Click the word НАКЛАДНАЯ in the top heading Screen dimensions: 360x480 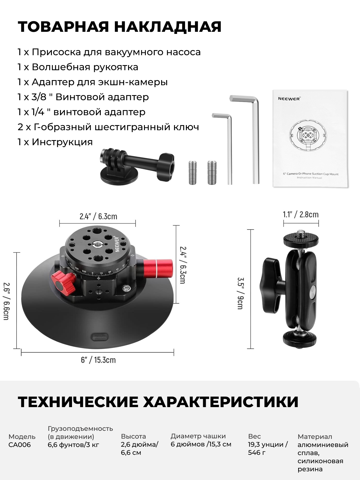[x=168, y=27]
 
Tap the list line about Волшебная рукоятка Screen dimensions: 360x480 [x=78, y=67]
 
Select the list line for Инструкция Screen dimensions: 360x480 [x=55, y=142]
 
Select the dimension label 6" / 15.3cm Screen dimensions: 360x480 [x=98, y=360]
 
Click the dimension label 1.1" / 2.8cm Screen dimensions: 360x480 [x=301, y=214]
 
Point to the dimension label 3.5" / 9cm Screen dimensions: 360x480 [x=240, y=293]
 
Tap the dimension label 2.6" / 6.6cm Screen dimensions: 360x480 [x=6, y=301]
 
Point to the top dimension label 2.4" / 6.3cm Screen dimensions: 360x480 [x=98, y=216]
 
